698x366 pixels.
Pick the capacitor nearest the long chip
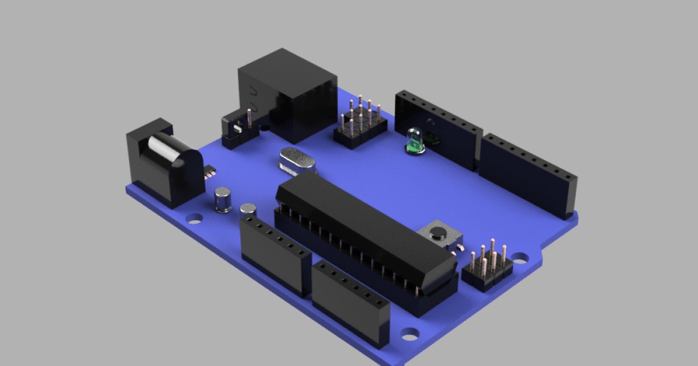tap(248, 210)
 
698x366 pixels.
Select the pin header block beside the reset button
tap(487, 267)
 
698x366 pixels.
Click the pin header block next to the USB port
tap(361, 125)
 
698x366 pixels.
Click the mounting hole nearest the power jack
tap(194, 218)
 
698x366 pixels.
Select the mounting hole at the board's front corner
tap(409, 334)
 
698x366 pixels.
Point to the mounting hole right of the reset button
tap(519, 256)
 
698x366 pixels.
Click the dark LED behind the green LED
tap(431, 137)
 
